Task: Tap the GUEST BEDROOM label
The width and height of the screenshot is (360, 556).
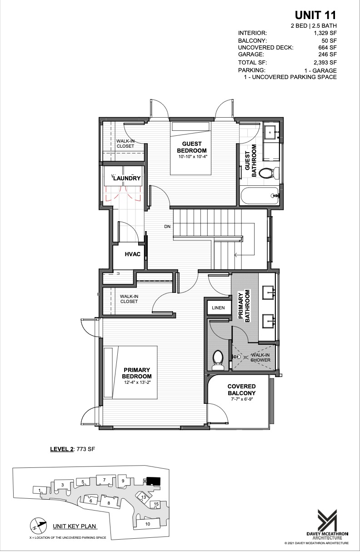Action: (191, 147)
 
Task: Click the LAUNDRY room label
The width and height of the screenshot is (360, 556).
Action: (127, 179)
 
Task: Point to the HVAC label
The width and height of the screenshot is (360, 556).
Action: (132, 254)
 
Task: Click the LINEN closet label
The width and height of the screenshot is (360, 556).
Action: (218, 308)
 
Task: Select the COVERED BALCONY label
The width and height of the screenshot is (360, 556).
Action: (241, 390)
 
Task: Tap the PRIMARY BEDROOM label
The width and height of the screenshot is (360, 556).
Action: (137, 373)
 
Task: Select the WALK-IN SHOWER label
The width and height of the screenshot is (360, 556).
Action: (260, 357)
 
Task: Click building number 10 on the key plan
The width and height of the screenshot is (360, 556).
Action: (147, 524)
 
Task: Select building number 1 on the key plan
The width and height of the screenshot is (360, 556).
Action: (40, 490)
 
